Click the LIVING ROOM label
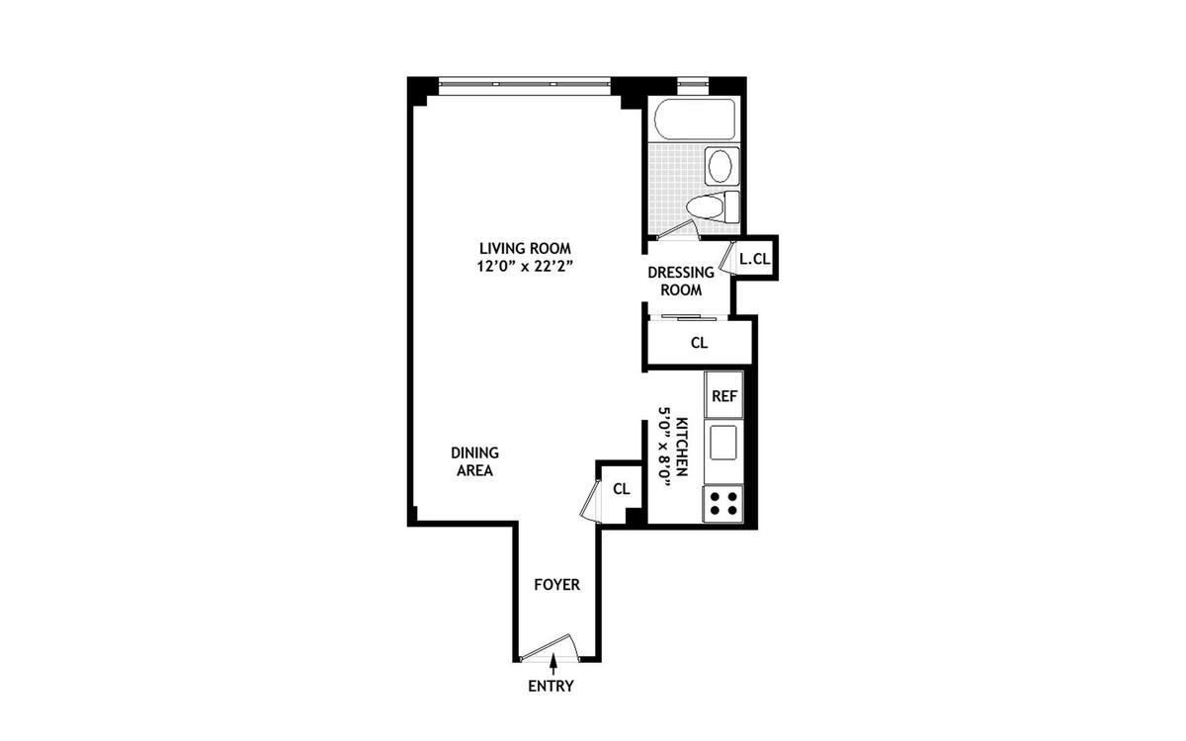525,248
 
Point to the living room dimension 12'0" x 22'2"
525,266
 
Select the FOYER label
556,584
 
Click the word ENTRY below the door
551,686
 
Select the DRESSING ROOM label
681,281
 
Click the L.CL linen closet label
754,259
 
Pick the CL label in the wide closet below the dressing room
699,343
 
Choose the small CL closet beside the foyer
622,488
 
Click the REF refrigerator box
724,396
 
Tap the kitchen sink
724,441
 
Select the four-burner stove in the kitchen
722,504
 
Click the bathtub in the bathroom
696,119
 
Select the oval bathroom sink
721,164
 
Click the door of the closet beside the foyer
590,499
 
